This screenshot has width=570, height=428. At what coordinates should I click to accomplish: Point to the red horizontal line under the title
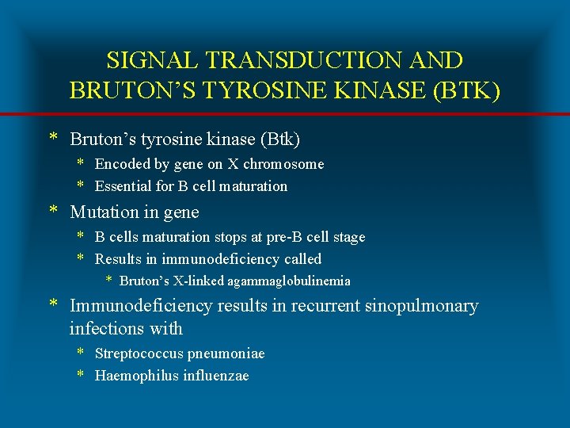point(285,115)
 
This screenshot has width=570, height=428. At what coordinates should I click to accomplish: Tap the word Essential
point(122,186)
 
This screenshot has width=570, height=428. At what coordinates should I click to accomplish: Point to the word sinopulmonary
point(421,306)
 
